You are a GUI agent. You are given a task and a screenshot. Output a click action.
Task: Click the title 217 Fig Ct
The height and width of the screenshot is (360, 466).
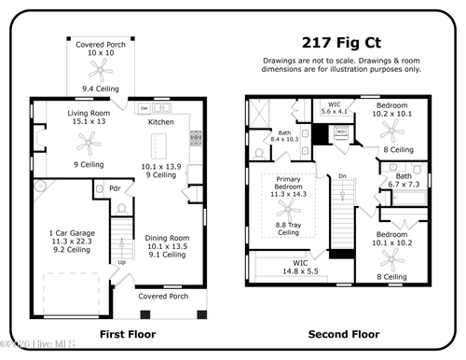pyautogui.click(x=341, y=42)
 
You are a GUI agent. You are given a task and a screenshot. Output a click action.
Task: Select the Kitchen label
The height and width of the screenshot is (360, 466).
pyautogui.click(x=161, y=122)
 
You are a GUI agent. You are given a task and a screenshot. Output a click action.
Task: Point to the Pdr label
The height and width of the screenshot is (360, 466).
pyautogui.click(x=116, y=188)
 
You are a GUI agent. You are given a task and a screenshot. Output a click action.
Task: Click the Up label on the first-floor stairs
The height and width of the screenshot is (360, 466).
pyautogui.click(x=121, y=262)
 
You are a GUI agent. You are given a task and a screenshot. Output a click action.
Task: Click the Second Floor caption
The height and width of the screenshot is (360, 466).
pyautogui.click(x=343, y=333)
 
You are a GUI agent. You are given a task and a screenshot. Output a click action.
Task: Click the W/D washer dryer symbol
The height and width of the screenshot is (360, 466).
pyautogui.click(x=340, y=132)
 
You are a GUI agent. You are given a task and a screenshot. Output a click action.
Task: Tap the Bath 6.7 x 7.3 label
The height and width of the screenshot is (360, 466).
pyautogui.click(x=404, y=180)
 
